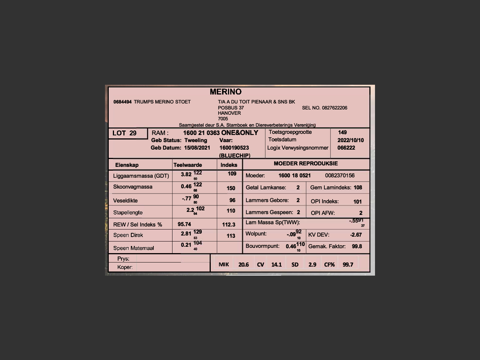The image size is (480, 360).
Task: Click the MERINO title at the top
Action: [x=225, y=92]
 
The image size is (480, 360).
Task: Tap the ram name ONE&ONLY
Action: [x=240, y=133]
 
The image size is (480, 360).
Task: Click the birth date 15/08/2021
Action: [x=197, y=148]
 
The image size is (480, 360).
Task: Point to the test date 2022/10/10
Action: [x=350, y=140]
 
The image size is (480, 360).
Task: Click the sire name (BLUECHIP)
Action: [x=234, y=155]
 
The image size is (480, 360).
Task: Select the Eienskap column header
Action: [x=127, y=165]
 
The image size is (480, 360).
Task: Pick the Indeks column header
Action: [x=229, y=165]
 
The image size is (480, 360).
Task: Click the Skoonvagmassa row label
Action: [x=133, y=187]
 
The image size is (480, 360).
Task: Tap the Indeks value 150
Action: [x=231, y=188]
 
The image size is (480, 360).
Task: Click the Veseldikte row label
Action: [x=125, y=201]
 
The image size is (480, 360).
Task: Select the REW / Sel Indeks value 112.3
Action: [x=229, y=225]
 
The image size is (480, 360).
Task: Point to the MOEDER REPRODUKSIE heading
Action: [x=306, y=163]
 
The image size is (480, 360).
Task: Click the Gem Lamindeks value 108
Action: [x=358, y=187]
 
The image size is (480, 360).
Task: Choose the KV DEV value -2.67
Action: [x=356, y=235]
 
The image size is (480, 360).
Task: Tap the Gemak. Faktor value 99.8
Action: [x=357, y=246]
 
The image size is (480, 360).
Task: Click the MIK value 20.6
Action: [x=243, y=265]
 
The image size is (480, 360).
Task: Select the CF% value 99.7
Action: [x=348, y=265]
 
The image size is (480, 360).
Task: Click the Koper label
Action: [x=125, y=267]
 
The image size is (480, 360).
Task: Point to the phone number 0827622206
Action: [x=334, y=108]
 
